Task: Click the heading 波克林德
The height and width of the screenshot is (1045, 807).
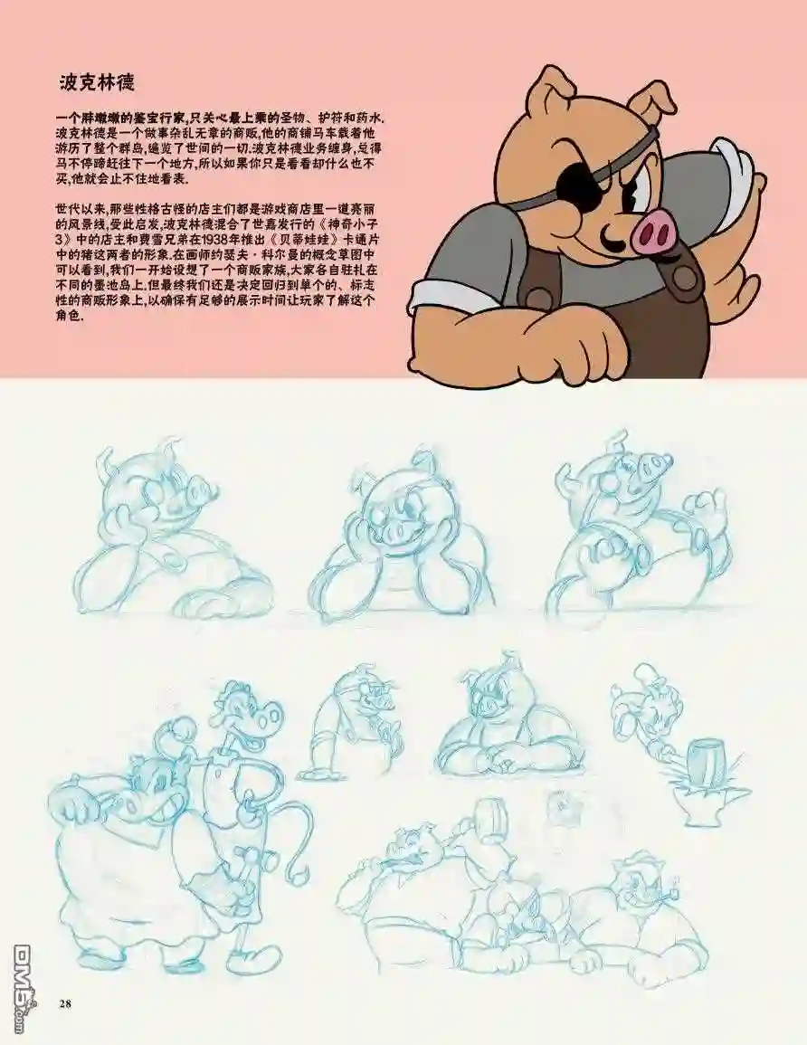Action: coord(98,82)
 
